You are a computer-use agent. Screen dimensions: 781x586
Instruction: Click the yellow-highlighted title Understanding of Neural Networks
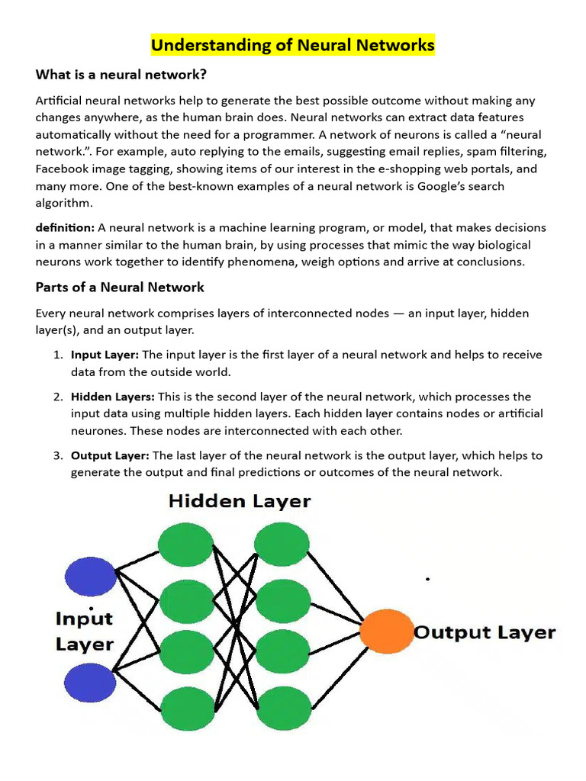[292, 46]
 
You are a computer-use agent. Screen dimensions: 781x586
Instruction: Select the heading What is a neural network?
[121, 75]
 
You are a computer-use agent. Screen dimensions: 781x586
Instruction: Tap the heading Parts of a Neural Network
[120, 288]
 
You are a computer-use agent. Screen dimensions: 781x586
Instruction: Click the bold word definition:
[65, 228]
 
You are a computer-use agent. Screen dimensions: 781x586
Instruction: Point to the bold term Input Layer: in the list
[105, 355]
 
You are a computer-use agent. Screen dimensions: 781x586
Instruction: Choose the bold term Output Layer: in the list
[111, 455]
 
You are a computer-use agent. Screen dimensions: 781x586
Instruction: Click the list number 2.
[57, 397]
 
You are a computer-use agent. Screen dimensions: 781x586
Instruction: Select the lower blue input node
[90, 681]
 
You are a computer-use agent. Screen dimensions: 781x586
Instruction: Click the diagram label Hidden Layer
[240, 501]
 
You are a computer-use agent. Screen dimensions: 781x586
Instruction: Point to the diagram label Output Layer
[485, 632]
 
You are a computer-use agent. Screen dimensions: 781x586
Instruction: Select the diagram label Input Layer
[85, 631]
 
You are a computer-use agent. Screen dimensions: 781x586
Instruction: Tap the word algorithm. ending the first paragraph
[64, 203]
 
